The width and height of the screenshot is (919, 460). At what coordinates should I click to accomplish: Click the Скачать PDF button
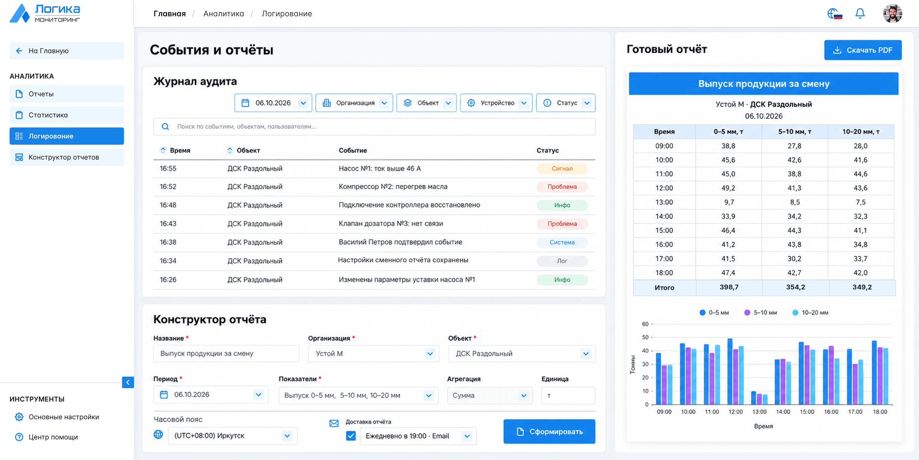(863, 50)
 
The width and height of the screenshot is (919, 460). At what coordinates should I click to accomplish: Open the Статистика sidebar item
(67, 115)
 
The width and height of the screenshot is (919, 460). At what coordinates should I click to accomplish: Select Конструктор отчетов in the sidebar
(67, 157)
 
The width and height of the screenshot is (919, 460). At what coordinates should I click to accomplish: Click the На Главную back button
(67, 51)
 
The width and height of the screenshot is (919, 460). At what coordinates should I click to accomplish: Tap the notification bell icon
(860, 13)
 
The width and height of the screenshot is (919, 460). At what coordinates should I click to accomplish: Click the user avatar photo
(892, 13)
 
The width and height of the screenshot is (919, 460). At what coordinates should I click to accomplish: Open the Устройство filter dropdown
(496, 103)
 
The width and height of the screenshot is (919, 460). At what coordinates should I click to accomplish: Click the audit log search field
(374, 127)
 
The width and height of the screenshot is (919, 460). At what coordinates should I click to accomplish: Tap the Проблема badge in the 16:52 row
(562, 187)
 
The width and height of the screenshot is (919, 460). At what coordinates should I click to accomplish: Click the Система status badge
(562, 242)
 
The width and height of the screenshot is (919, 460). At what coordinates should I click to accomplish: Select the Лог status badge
(562, 261)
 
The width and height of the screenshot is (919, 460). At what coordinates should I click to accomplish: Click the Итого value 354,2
(796, 287)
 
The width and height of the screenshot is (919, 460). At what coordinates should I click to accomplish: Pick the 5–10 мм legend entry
(761, 312)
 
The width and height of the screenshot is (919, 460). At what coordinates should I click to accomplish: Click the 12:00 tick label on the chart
(736, 412)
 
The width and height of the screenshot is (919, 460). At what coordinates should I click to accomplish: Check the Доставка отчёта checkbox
(351, 436)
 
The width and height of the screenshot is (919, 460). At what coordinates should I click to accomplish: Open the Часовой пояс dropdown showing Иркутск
(233, 436)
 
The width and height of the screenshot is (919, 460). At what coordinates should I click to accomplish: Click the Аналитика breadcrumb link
(224, 14)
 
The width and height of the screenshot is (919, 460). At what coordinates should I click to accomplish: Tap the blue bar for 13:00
(753, 398)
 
